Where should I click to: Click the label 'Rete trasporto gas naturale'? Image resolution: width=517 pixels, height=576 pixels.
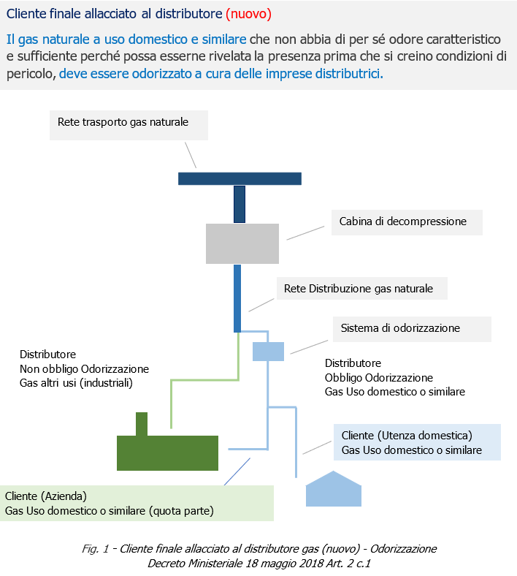[123, 122]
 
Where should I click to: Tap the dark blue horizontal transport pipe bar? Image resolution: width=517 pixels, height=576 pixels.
[240, 178]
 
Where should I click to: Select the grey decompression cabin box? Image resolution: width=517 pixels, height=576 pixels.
[242, 243]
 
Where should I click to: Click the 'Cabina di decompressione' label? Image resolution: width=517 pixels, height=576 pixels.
[402, 221]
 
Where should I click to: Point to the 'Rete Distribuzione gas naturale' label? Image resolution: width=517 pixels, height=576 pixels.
[359, 289]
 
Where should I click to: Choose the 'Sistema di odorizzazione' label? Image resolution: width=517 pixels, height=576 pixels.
[400, 328]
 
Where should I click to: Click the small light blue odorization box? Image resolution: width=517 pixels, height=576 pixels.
[268, 352]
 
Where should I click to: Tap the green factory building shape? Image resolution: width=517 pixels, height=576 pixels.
[167, 452]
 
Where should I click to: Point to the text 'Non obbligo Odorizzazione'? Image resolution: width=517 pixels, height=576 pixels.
[84, 368]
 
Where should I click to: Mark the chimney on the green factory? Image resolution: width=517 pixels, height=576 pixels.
[142, 423]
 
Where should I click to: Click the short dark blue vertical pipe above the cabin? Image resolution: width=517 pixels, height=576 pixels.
[239, 204]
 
